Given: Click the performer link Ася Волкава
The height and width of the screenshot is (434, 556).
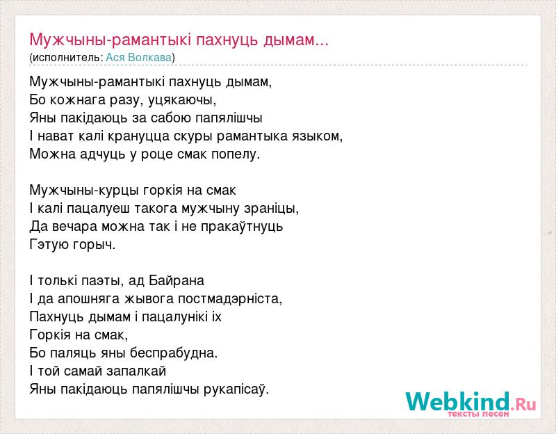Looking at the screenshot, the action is point(138,58).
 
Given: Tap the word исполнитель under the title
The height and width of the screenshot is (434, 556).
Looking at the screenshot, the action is point(67,58).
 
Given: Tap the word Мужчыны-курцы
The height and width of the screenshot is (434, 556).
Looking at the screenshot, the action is point(84,191).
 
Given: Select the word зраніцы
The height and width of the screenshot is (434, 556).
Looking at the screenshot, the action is point(272,209).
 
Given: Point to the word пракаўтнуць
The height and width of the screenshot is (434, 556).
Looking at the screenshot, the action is point(242,227).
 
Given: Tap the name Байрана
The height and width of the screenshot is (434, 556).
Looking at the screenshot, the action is point(177,281).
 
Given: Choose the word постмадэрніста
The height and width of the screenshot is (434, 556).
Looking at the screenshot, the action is point(230,299).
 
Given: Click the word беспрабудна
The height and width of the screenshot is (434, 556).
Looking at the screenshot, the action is point(173,353).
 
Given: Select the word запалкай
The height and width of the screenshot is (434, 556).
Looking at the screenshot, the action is point(136,371).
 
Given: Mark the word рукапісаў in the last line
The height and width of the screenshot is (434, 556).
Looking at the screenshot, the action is point(236,389).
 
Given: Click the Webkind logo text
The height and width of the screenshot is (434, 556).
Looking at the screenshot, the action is point(458,401).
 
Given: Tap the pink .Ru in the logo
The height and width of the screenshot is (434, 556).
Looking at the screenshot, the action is point(523,404).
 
